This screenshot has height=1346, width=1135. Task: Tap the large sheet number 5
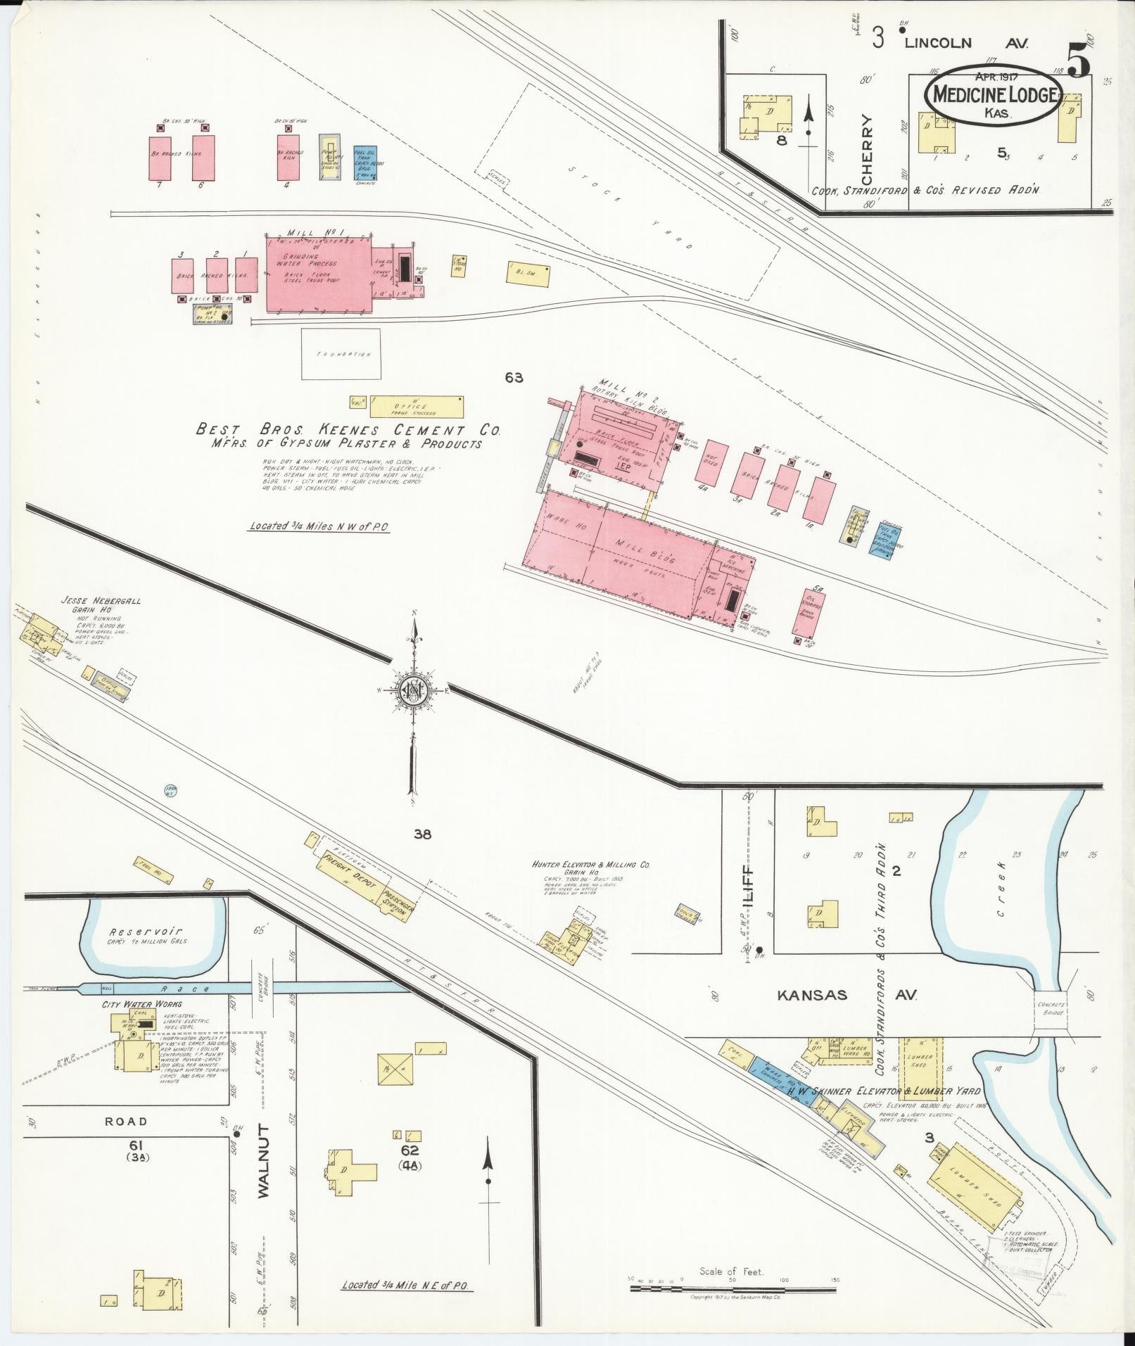click(1078, 60)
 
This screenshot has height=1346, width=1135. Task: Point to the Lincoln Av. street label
click(965, 43)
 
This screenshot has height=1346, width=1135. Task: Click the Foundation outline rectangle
click(341, 355)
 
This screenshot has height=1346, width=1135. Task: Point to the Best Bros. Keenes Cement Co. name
click(348, 430)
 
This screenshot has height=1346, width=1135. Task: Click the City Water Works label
click(133, 1004)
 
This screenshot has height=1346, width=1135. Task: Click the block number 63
click(514, 378)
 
